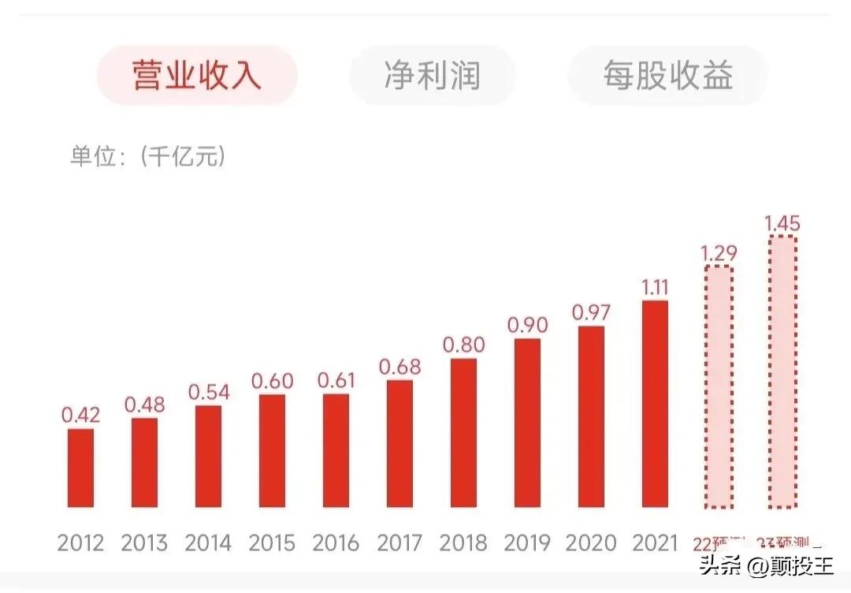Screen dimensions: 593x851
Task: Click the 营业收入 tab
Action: pyautogui.click(x=197, y=76)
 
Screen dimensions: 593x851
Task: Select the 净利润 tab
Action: pyautogui.click(x=432, y=76)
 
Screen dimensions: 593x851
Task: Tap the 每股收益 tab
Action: pyautogui.click(x=667, y=76)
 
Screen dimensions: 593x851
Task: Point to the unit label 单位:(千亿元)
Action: pyautogui.click(x=148, y=156)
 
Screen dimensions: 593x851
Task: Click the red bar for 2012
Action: pyautogui.click(x=80, y=468)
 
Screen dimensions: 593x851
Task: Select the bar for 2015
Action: pyautogui.click(x=272, y=450)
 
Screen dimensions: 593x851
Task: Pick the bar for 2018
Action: pyautogui.click(x=463, y=433)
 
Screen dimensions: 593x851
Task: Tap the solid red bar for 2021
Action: pyautogui.click(x=655, y=404)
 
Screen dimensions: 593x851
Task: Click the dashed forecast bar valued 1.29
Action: pyautogui.click(x=719, y=386)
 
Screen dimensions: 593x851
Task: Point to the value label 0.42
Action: pyautogui.click(x=80, y=415)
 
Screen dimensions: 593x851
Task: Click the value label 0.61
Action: pyautogui.click(x=337, y=380)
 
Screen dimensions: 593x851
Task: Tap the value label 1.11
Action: pyautogui.click(x=655, y=287)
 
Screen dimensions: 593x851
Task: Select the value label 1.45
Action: pyautogui.click(x=782, y=223)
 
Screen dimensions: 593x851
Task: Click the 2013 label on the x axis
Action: pyautogui.click(x=144, y=543)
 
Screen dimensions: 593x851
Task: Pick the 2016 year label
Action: pyautogui.click(x=336, y=543)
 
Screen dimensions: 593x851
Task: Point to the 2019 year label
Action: pyautogui.click(x=527, y=543)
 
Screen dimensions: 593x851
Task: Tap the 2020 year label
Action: pyautogui.click(x=591, y=543)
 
